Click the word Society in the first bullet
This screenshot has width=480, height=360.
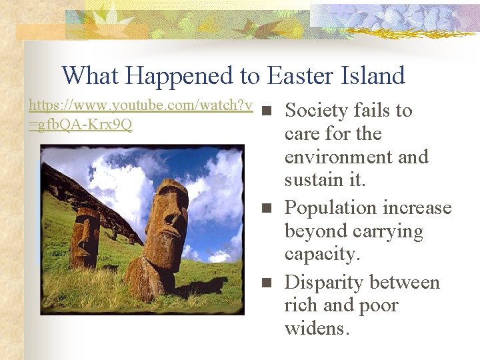coord(315,110)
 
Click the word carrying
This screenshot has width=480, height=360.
coord(390,231)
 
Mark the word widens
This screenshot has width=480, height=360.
coord(317,329)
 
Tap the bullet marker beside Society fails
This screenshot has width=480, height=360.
coord(267,111)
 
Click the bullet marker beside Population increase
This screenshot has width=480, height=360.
coord(267,208)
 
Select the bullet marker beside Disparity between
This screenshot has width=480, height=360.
coord(267,283)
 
